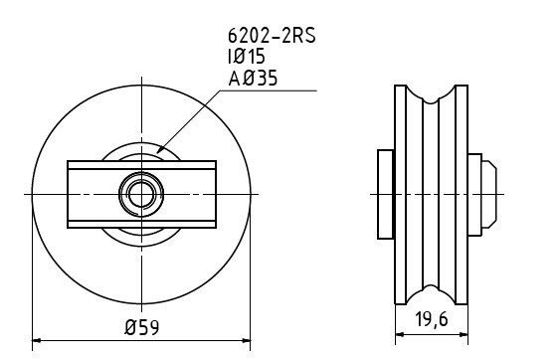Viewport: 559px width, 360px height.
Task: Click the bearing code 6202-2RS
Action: (272, 36)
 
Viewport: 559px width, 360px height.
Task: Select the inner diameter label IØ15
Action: (247, 57)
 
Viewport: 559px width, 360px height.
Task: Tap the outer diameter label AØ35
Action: (253, 78)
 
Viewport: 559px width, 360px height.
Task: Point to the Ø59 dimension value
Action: (141, 327)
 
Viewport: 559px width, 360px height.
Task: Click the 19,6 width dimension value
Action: (432, 319)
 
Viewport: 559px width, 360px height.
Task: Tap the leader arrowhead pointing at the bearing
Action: (161, 149)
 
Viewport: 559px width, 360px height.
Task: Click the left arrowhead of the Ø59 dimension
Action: (37, 340)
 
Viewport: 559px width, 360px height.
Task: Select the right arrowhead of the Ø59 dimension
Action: (246, 340)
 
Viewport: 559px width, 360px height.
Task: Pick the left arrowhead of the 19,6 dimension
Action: (400, 334)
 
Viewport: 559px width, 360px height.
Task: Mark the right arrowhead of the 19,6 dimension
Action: (464, 334)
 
